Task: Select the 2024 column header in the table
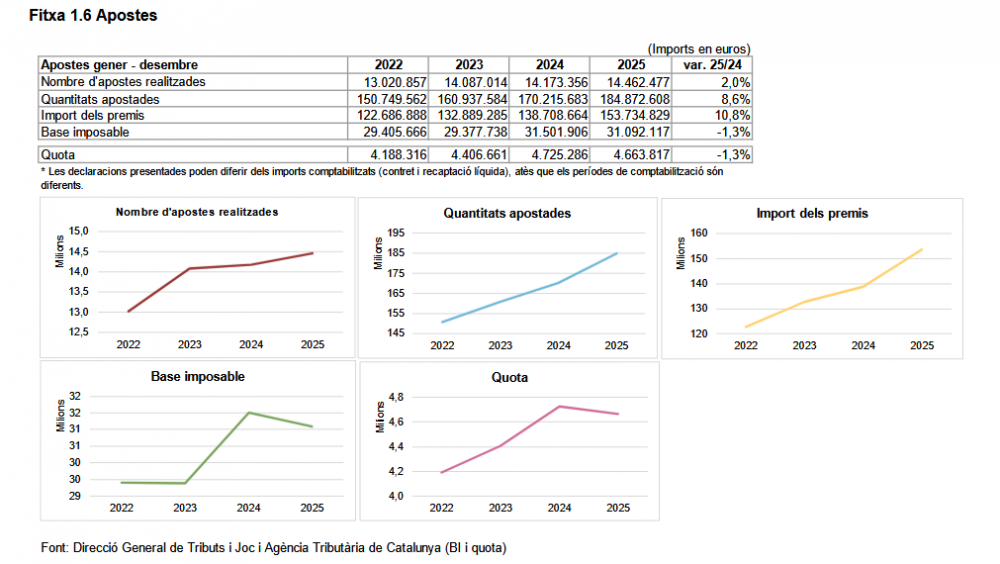tap(549, 65)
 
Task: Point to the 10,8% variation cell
tap(733, 115)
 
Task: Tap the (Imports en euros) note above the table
tap(698, 48)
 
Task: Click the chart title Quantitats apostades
tap(507, 213)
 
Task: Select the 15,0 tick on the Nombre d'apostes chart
tap(78, 231)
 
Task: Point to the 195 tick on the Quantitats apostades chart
tap(394, 233)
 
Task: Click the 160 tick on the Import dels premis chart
tap(700, 233)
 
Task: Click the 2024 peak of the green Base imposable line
tap(247, 413)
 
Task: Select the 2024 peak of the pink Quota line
tap(560, 406)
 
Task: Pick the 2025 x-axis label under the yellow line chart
tap(921, 346)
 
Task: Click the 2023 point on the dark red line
tap(189, 268)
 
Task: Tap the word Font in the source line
tap(54, 548)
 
